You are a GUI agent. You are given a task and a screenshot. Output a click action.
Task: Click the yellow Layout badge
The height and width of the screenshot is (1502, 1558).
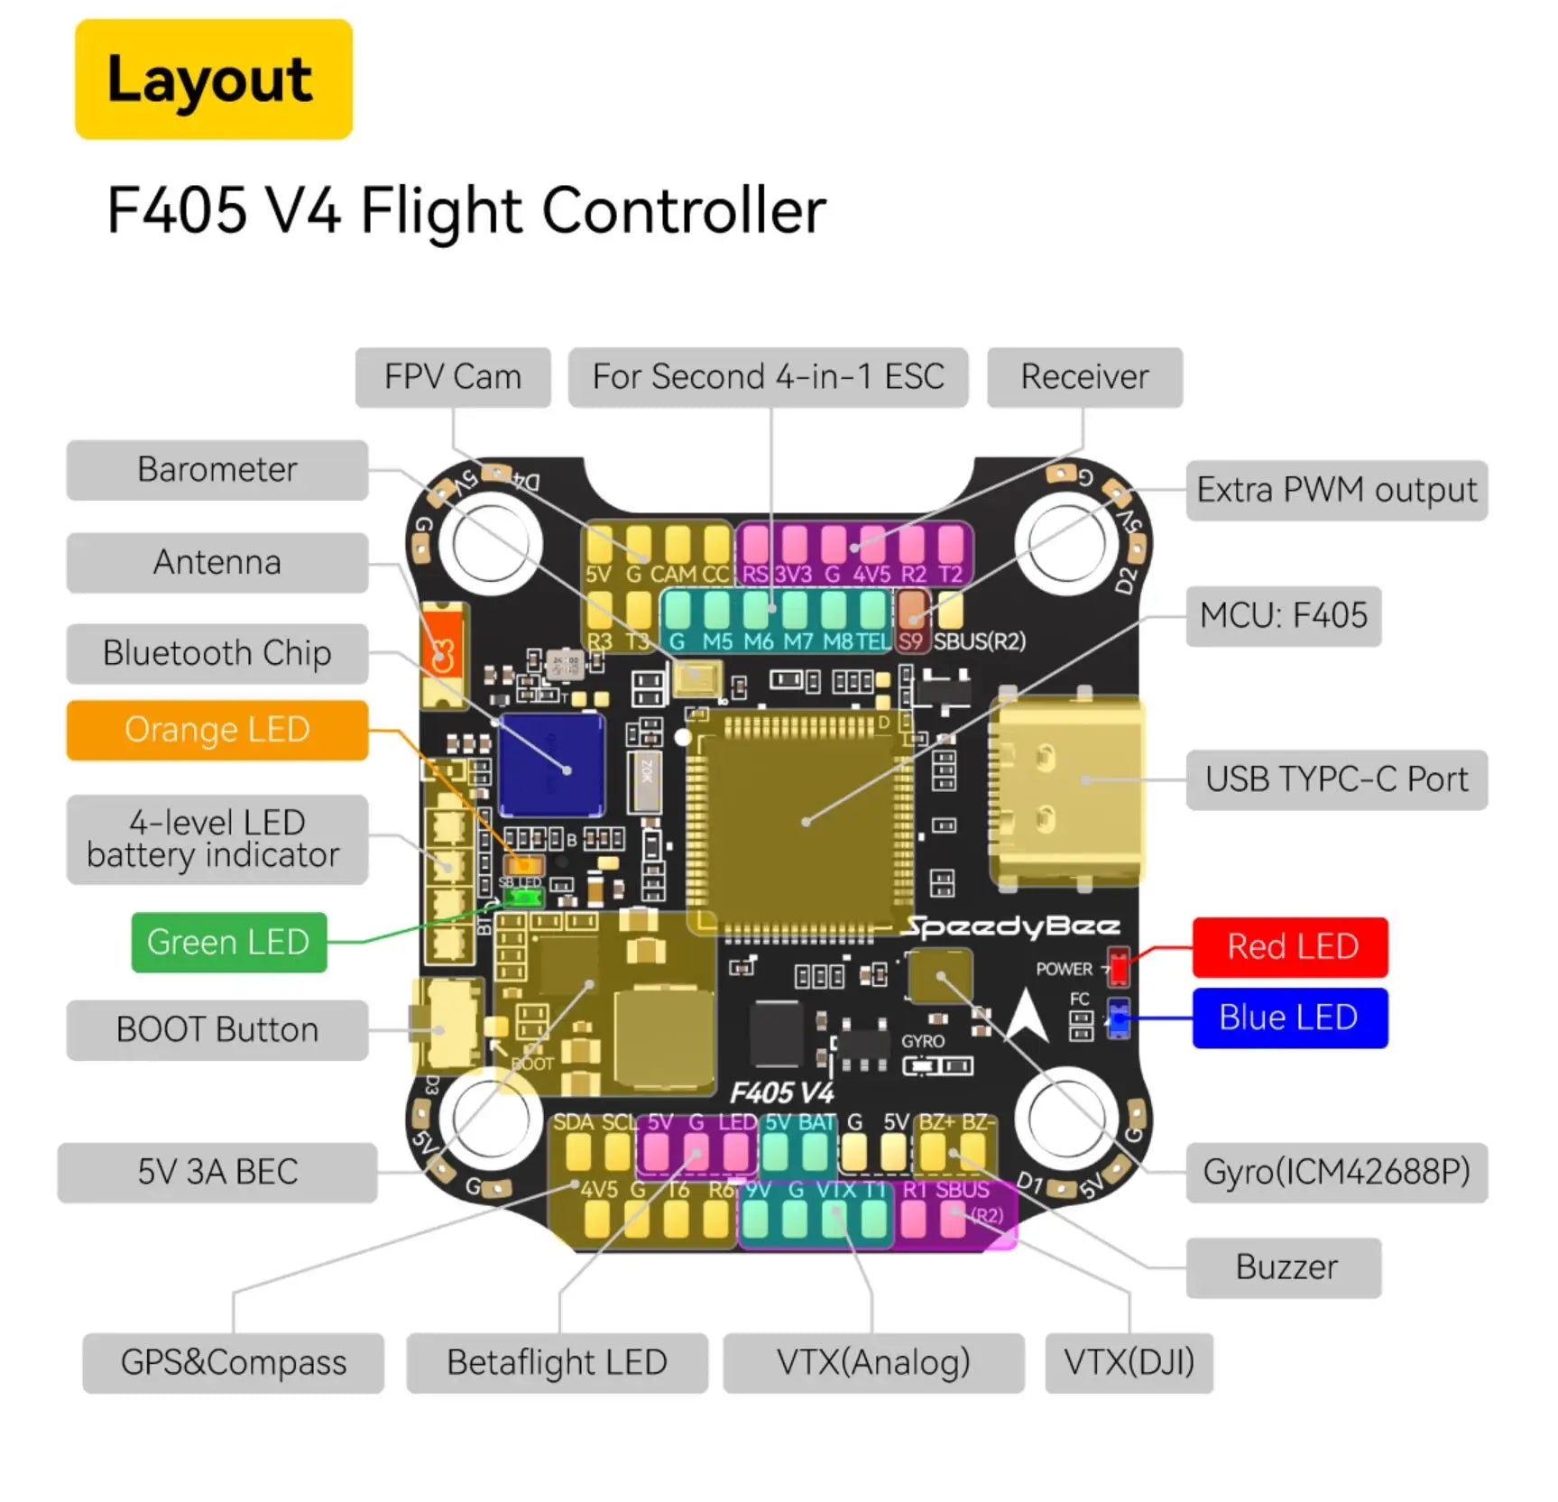click(x=213, y=79)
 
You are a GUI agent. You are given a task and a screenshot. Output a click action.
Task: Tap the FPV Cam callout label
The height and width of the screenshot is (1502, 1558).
click(x=452, y=377)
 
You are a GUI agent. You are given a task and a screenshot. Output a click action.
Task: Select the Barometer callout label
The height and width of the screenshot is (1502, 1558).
click(x=217, y=470)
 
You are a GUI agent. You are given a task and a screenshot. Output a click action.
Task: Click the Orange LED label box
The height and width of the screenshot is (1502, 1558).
click(x=217, y=730)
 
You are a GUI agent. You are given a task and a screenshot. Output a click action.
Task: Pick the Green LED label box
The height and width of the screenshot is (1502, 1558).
click(x=228, y=943)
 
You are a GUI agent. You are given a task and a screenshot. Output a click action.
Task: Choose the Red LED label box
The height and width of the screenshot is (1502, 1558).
click(x=1290, y=947)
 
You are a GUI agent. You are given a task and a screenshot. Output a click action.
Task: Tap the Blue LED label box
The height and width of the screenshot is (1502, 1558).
click(x=1289, y=1018)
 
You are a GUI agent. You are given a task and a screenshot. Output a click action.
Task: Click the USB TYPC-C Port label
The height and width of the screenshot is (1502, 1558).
click(x=1336, y=779)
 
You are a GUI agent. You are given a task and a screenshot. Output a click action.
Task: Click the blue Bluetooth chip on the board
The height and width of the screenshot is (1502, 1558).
click(x=551, y=765)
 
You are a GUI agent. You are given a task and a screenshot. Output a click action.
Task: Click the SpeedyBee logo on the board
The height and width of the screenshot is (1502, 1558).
click(x=1012, y=926)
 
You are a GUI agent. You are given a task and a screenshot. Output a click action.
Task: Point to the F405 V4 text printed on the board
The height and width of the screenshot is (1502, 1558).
click(x=781, y=1093)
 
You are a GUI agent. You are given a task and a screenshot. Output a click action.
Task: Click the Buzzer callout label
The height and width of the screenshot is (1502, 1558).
click(x=1284, y=1267)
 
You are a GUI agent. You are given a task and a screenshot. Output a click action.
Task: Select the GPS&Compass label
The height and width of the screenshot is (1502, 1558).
click(x=233, y=1363)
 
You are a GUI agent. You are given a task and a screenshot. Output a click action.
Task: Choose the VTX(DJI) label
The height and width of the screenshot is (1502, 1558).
click(x=1129, y=1363)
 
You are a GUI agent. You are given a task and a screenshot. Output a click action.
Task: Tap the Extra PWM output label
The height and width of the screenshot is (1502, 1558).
click(x=1336, y=491)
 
